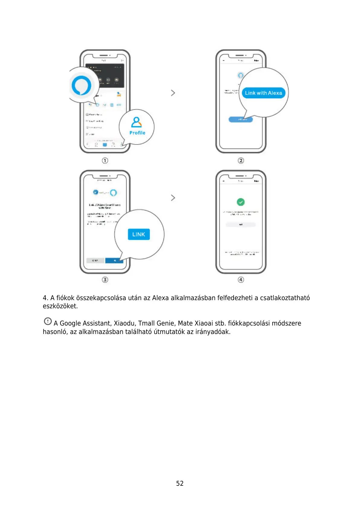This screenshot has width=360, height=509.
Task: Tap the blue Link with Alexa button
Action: pos(263,93)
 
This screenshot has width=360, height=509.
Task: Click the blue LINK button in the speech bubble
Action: pos(139,234)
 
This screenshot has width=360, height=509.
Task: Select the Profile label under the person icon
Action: pos(137,133)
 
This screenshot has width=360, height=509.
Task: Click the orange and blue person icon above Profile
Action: pos(137,122)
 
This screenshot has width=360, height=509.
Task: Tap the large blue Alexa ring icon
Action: pos(81,86)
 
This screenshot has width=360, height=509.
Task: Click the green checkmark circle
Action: pos(241,202)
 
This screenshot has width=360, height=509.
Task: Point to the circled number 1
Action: pos(105,160)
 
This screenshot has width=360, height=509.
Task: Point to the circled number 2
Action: pos(241,160)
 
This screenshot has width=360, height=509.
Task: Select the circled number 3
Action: pos(105,280)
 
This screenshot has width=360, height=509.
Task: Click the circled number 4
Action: pos(241,280)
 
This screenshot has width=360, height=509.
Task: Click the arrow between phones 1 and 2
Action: pos(173,93)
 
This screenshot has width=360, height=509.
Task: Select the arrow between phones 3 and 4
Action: pos(173,198)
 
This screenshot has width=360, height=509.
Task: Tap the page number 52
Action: pos(180,483)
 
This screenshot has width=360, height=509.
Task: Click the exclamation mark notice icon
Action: pos(48,321)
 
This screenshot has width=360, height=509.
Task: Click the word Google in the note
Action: pos(70,323)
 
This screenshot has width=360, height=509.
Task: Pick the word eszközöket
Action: pos(60,306)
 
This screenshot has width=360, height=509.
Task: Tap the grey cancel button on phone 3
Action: pos(95,260)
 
